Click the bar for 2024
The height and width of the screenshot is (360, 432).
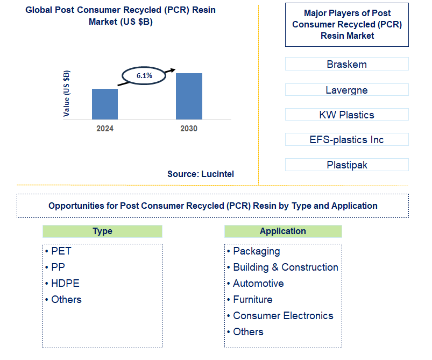point(104,104)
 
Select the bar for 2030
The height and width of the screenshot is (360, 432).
point(189,96)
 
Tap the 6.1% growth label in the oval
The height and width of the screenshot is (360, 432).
point(144,76)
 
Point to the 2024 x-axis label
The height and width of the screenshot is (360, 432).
point(105,129)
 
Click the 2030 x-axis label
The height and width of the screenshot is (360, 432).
point(189,129)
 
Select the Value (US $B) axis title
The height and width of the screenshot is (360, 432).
point(67,94)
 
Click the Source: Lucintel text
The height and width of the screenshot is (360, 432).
point(201,174)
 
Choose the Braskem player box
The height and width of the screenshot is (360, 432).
point(346,64)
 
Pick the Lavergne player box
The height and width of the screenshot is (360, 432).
point(346,90)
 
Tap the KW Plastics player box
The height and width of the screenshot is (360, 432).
point(346,115)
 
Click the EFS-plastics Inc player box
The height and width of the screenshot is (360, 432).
point(346,139)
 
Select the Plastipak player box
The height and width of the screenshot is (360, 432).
point(346,165)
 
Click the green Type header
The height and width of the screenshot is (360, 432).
point(102,231)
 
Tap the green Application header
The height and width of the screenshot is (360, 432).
point(282,231)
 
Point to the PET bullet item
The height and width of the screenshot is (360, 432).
point(61,251)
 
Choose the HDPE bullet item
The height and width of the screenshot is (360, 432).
point(65,284)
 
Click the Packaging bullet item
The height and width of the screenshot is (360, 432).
point(256,251)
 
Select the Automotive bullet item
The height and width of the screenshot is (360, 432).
point(258,284)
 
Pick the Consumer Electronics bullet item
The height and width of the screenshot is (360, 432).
point(283,316)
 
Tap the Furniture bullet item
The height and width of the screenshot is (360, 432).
point(252,300)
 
